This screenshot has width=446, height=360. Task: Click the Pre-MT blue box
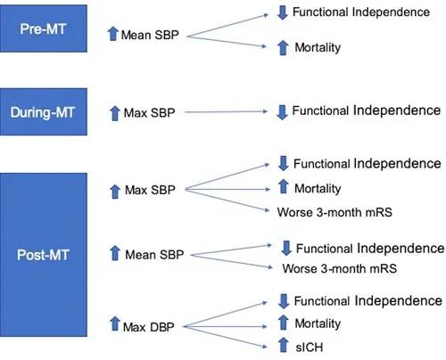44,29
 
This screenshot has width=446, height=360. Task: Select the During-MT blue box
44,111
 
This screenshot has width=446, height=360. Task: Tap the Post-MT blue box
44,255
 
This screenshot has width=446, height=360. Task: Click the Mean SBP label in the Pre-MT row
150,35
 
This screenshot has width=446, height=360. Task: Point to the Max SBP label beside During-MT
149,113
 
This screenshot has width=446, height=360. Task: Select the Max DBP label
149,327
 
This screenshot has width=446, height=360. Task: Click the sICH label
310,348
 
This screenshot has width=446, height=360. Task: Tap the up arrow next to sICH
284,345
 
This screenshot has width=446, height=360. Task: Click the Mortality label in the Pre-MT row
318,47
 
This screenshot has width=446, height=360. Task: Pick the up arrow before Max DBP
114,323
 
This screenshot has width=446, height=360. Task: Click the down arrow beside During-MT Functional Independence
282,112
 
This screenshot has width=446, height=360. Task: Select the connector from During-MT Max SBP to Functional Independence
227,111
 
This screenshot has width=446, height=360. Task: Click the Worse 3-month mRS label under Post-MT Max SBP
334,212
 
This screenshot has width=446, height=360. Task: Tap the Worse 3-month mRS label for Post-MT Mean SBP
340,268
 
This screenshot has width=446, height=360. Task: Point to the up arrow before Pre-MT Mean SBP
113,33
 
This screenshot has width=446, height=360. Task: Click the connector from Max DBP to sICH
225,337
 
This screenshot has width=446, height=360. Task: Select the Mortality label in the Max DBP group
318,323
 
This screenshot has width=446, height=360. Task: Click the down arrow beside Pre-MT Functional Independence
283,12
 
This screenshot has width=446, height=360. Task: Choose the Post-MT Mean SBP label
154,255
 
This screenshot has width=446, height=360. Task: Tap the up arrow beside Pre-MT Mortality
283,47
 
